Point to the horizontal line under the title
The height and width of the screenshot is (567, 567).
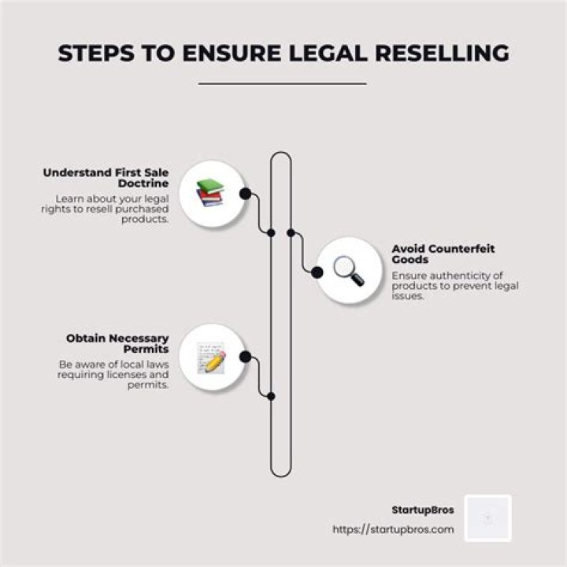tap(283, 83)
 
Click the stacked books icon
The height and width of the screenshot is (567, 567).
tap(210, 193)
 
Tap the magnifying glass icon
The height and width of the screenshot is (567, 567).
tap(347, 270)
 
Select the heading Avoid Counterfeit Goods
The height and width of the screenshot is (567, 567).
tap(443, 254)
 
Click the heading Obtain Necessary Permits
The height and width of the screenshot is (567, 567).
tap(118, 344)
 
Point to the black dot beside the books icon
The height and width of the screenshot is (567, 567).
tap(245, 193)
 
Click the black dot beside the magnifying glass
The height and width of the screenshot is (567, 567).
tap(317, 272)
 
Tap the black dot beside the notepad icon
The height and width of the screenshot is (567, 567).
tap(245, 357)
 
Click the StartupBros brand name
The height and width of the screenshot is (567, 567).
tap(422, 510)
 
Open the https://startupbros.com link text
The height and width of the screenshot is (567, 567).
tap(394, 529)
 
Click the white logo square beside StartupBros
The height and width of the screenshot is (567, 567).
tap(487, 517)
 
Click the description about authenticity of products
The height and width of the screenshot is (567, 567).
tap(454, 286)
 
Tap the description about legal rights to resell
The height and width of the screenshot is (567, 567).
tap(113, 209)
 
